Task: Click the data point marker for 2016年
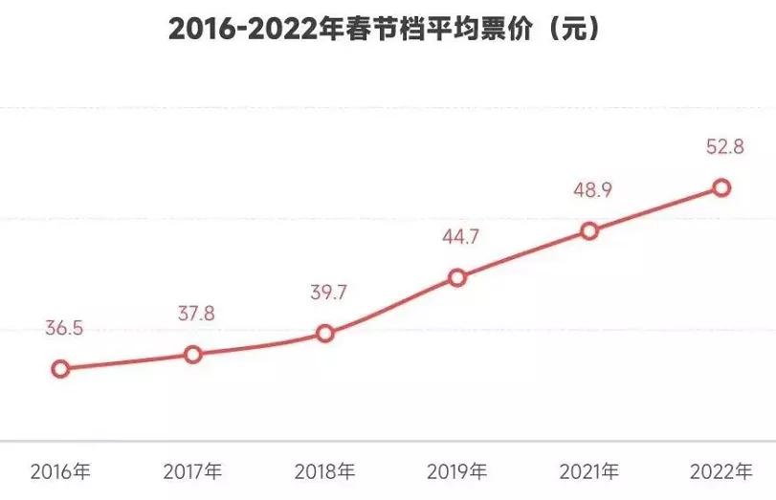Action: tap(60, 369)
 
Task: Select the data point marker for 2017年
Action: tap(193, 355)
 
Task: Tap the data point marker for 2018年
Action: tap(325, 334)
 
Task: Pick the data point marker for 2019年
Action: tap(457, 278)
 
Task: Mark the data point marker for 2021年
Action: tap(589, 230)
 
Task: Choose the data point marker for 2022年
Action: tap(721, 188)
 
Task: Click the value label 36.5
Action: tap(65, 328)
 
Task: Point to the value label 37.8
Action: tap(197, 314)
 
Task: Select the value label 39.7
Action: tap(328, 293)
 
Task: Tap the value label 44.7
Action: tap(460, 236)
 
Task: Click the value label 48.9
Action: tap(593, 189)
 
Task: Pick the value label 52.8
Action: tap(724, 147)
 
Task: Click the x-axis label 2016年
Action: tap(60, 471)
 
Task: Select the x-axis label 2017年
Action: tap(192, 471)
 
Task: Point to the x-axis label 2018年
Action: tap(324, 471)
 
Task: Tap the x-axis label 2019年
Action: tap(456, 471)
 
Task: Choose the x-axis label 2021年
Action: tap(588, 471)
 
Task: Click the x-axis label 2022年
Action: tap(721, 471)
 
